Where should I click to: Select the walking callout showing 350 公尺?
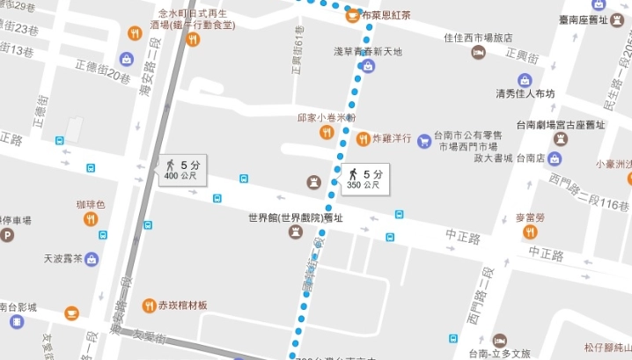point(364,180)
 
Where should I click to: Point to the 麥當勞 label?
point(530,216)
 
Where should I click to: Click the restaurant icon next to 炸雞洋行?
point(363,138)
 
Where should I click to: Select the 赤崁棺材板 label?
point(182,305)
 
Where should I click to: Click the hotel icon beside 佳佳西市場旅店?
point(478,54)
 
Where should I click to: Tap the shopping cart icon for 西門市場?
point(424,140)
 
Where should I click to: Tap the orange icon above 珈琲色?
point(90,218)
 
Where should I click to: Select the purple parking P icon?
point(7,235)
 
